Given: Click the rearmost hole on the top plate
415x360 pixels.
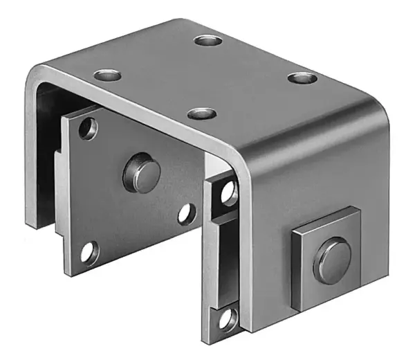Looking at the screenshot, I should (207, 40).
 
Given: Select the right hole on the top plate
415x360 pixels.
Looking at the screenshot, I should (302, 78).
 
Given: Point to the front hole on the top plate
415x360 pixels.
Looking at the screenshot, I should (202, 113).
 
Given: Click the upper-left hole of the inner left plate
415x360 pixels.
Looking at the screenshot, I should (88, 128).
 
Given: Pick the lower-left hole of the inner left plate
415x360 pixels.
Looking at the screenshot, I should (89, 253).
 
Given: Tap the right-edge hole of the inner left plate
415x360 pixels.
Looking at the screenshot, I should (186, 214).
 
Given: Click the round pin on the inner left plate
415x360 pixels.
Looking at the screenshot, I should (142, 173).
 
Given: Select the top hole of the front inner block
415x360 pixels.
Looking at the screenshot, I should (229, 194).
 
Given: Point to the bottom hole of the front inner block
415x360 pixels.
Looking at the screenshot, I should (228, 318).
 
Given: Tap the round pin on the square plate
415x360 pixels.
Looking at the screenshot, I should (332, 260).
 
